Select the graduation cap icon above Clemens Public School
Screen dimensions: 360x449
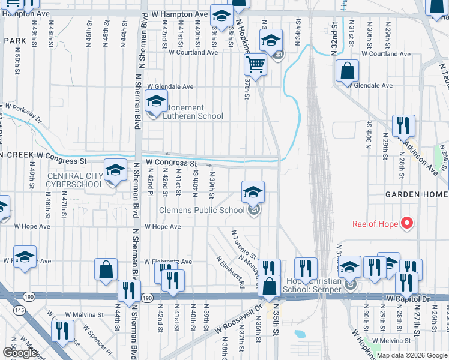[x=253, y=192]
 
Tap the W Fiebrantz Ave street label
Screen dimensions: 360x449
[x=168, y=262]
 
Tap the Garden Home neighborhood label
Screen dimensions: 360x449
[x=416, y=195]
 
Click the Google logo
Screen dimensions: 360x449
[x=20, y=353]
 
